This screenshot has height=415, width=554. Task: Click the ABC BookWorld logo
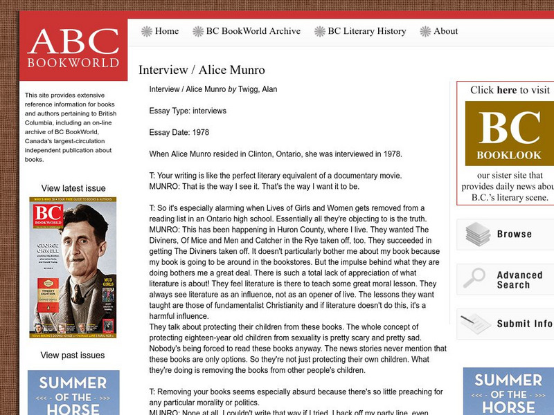coord(73,48)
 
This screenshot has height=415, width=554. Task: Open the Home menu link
coord(167,31)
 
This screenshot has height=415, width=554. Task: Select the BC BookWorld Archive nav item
coord(253,31)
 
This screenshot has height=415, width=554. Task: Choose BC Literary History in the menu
coord(366,31)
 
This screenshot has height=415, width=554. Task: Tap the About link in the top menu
coord(445,31)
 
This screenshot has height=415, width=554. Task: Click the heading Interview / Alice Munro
coord(202,70)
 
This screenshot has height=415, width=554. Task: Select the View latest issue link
coord(73,188)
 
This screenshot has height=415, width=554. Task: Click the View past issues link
coord(73,356)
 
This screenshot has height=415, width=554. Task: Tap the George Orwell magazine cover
coord(73,268)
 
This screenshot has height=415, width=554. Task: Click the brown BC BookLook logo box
coord(509,133)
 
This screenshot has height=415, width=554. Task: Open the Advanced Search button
coord(513,279)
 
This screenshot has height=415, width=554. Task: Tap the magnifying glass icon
coord(474,278)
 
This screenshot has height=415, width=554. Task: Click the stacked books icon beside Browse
coord(478,234)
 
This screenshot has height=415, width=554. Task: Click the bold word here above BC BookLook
coord(507,90)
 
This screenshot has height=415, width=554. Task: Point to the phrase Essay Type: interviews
coord(188,111)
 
